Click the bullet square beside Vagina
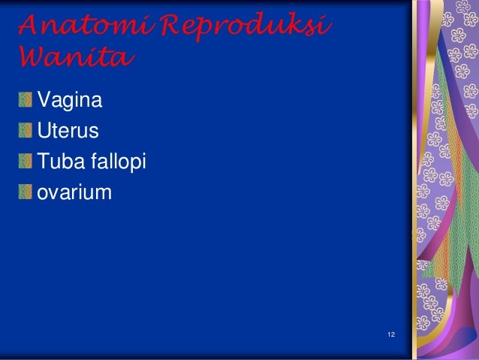click(x=26, y=99)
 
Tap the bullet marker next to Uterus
click(x=26, y=130)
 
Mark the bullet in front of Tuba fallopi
click(x=26, y=162)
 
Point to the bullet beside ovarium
click(x=26, y=192)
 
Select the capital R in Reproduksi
click(x=170, y=28)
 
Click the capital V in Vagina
click(x=44, y=99)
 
